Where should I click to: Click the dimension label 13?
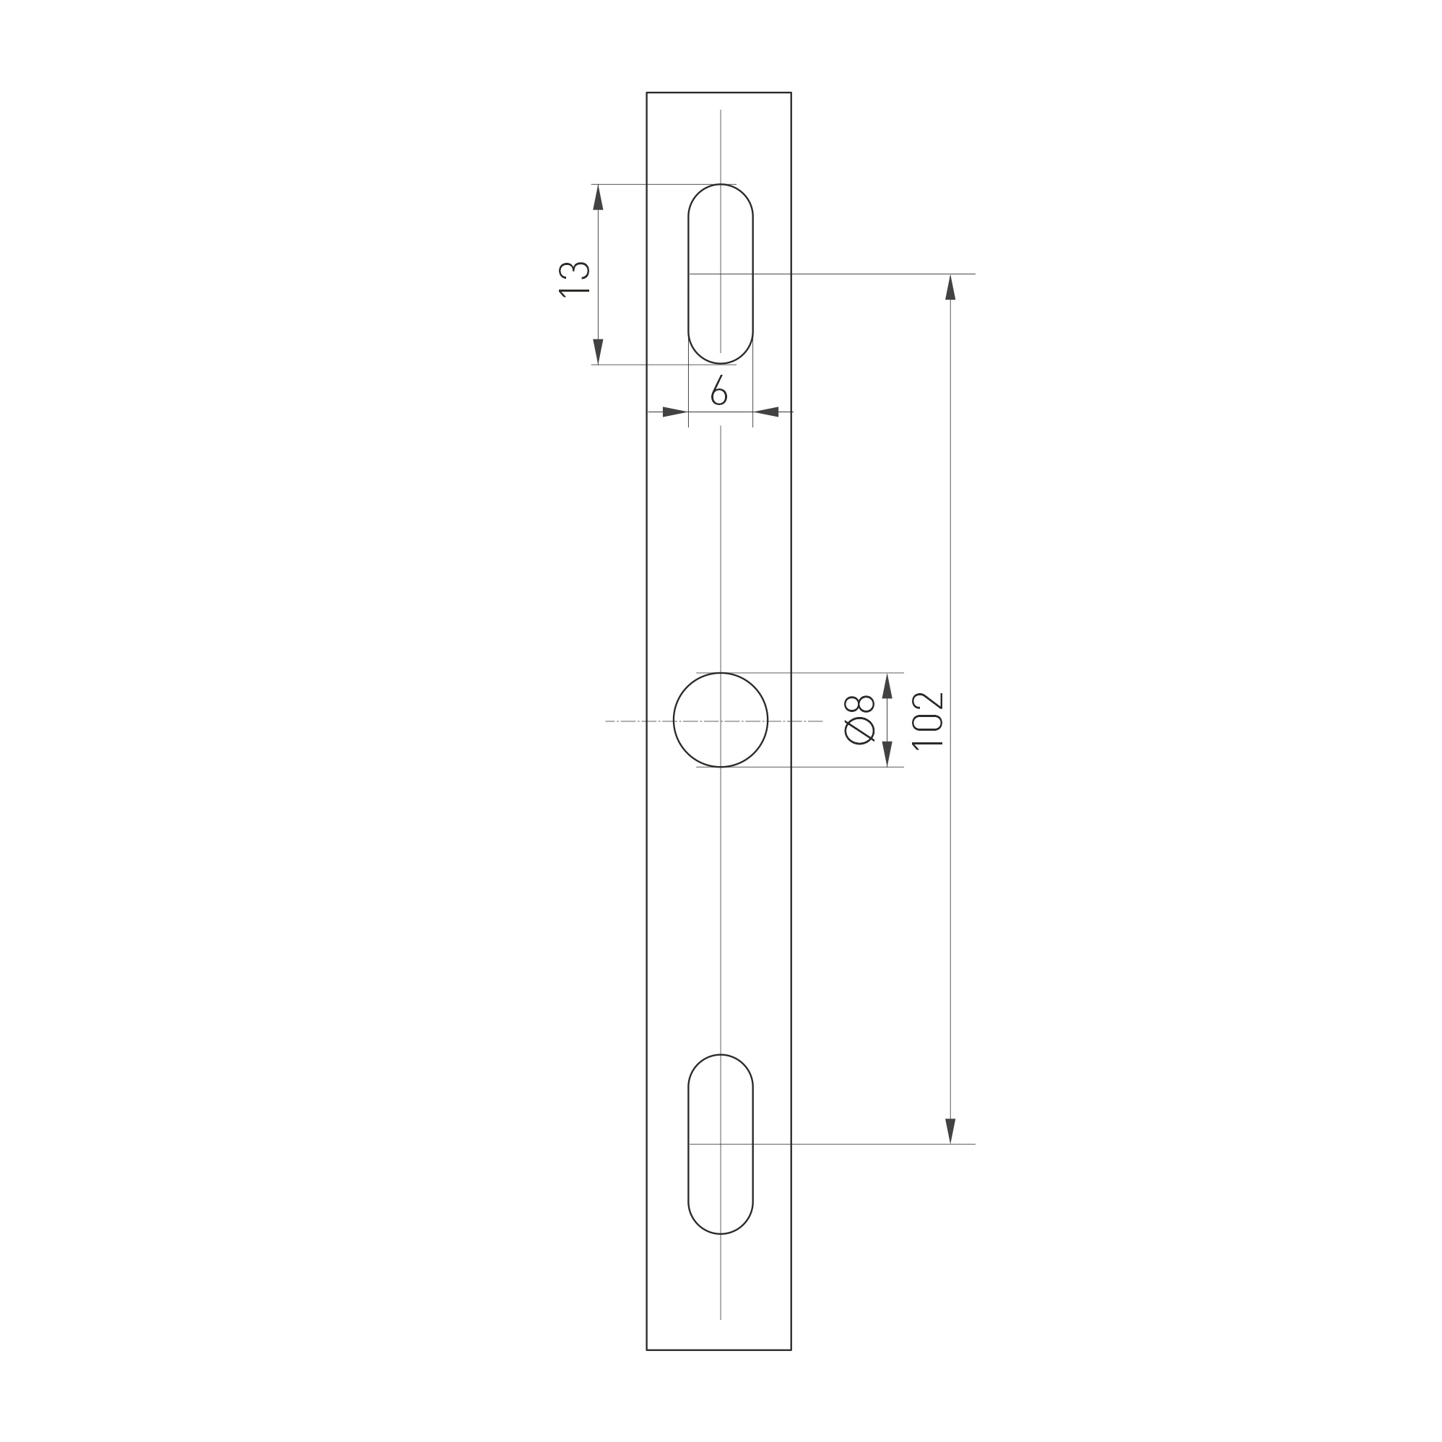pos(574,279)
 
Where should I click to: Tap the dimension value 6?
pos(718,391)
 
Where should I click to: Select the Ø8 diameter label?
pos(859,719)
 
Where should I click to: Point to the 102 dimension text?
pos(928,720)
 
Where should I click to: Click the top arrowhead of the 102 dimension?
pos(950,287)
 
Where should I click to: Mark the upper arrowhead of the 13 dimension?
pos(598,197)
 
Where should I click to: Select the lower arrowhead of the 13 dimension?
pos(598,352)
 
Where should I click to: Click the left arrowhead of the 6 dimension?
pos(674,412)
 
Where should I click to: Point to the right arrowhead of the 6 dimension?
pos(767,412)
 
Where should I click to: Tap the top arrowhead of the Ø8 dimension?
pos(887,686)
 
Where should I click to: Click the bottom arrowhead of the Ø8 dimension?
pos(887,754)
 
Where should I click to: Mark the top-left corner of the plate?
pos(647,93)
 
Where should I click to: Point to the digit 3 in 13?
pos(574,269)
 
